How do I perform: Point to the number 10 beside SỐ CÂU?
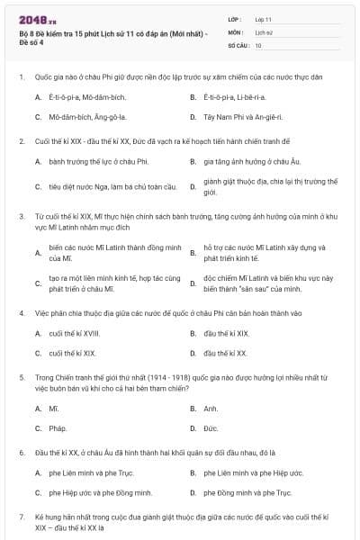(x=259, y=45)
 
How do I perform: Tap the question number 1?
(x=22, y=77)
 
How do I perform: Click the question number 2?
(x=22, y=141)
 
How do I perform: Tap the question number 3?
(x=22, y=216)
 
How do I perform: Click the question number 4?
(x=22, y=312)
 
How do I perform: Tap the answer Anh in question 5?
(x=211, y=409)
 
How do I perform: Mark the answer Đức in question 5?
(x=211, y=428)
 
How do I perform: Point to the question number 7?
(x=22, y=518)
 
